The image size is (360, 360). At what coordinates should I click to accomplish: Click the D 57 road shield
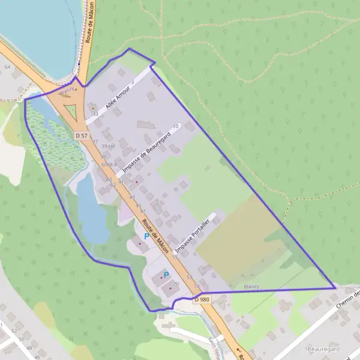coord(83,136)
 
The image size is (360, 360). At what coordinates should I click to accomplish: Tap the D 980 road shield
coord(202,298)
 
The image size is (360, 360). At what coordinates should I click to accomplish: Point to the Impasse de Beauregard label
coord(146,153)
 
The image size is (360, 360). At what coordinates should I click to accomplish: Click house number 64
coord(7,67)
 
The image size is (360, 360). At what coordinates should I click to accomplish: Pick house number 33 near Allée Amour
coord(95,113)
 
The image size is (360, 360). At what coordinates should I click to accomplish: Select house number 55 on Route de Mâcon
coord(175,257)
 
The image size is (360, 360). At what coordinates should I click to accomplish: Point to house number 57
coord(190,277)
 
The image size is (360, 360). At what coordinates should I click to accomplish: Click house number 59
coord(197,286)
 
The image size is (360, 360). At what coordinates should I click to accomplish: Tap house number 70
coord(176,284)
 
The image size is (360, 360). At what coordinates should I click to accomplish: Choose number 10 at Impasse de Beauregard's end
coord(176,126)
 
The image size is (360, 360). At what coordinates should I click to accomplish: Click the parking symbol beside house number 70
coord(166,274)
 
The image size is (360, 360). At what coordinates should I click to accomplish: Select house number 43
coord(131,197)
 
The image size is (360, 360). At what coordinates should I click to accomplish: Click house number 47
coord(143,211)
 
